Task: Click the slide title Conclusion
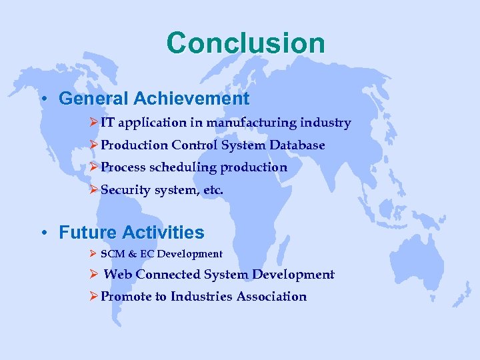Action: click(246, 43)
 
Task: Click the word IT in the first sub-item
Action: click(108, 123)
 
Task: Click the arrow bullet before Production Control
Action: click(93, 145)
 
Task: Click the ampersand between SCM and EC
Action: click(130, 254)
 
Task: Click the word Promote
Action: click(126, 297)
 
